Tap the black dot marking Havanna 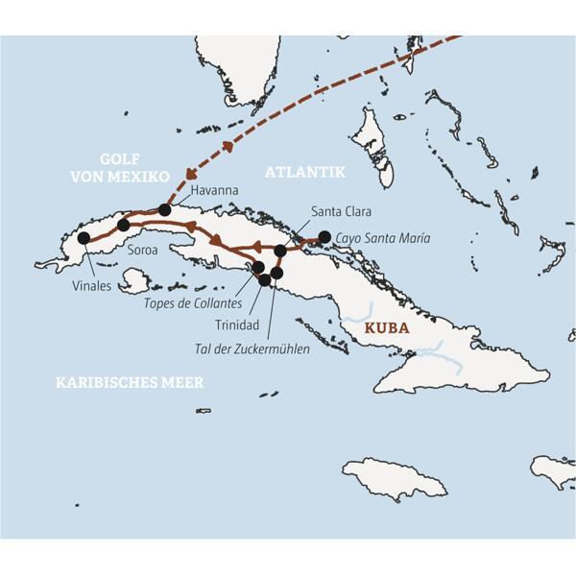165,209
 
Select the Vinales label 91,285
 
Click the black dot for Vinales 84,237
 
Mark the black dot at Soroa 123,226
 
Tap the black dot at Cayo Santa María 324,236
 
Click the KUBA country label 386,328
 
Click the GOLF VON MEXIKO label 121,168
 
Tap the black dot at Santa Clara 280,251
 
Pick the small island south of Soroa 136,280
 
